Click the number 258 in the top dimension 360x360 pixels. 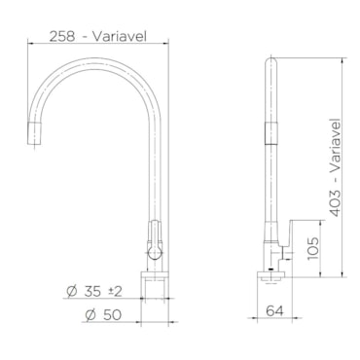[x=61, y=36]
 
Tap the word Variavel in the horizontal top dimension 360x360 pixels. [x=120, y=36]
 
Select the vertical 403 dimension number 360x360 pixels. [x=335, y=203]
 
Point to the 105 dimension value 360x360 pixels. [x=313, y=248]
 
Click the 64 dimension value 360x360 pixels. [x=274, y=311]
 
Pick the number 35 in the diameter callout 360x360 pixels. [x=92, y=292]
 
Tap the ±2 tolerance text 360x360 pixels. [x=115, y=292]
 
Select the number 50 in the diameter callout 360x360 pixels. [x=112, y=314]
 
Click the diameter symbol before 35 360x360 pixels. [x=72, y=292]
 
